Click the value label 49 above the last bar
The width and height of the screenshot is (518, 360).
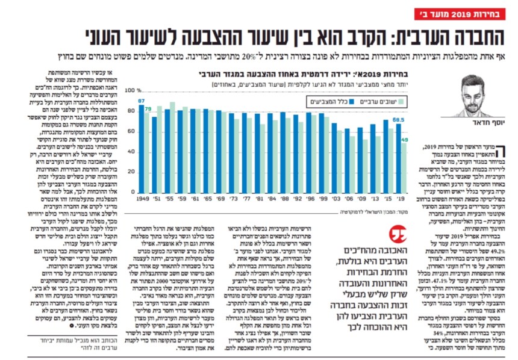pos(405,140)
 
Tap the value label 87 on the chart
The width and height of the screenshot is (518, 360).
pos(140,101)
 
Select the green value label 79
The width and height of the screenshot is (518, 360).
pos(148,109)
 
